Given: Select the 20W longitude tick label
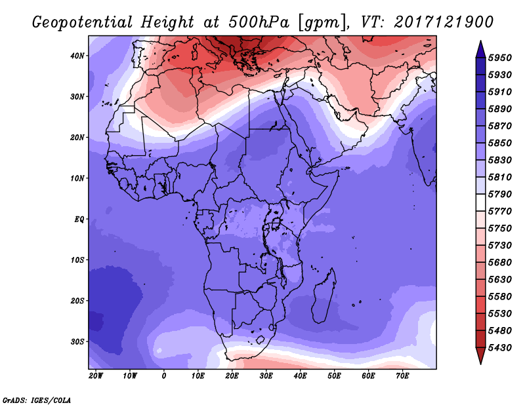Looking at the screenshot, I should [96, 376].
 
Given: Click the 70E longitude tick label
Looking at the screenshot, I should [403, 376].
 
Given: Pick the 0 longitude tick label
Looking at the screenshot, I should [164, 376].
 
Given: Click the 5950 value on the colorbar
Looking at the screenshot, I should [504, 58].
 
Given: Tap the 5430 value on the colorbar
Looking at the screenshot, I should [504, 347].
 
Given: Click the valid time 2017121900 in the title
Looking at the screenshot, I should [444, 22].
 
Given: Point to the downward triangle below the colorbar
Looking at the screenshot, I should [480, 355].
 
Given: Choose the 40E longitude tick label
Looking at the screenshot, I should [301, 376].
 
